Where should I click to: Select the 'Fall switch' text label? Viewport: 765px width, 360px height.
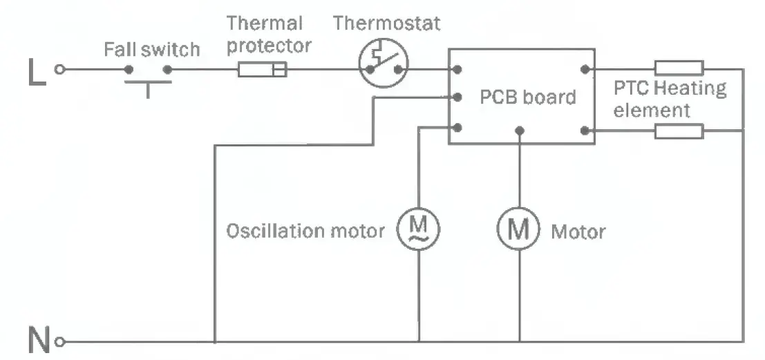[x=151, y=50]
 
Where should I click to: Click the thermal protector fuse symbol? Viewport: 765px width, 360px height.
[x=262, y=69]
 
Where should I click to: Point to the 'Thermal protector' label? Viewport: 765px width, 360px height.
[x=270, y=35]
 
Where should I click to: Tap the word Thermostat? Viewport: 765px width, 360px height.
[x=387, y=23]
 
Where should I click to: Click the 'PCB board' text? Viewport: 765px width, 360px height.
[x=527, y=97]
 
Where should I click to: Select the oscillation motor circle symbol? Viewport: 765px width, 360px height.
[x=418, y=229]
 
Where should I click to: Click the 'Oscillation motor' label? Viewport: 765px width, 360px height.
[x=305, y=231]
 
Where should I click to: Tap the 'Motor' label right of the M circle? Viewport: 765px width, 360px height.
[x=578, y=231]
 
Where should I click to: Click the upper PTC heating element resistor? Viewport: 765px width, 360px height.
[x=679, y=68]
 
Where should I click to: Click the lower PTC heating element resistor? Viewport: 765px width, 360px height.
[x=679, y=131]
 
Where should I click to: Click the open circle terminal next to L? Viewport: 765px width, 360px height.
[x=60, y=69]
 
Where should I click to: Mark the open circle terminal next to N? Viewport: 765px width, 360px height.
[x=60, y=341]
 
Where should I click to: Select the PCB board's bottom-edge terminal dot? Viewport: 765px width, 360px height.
[x=519, y=130]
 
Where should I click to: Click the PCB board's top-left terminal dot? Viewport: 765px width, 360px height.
[x=457, y=69]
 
